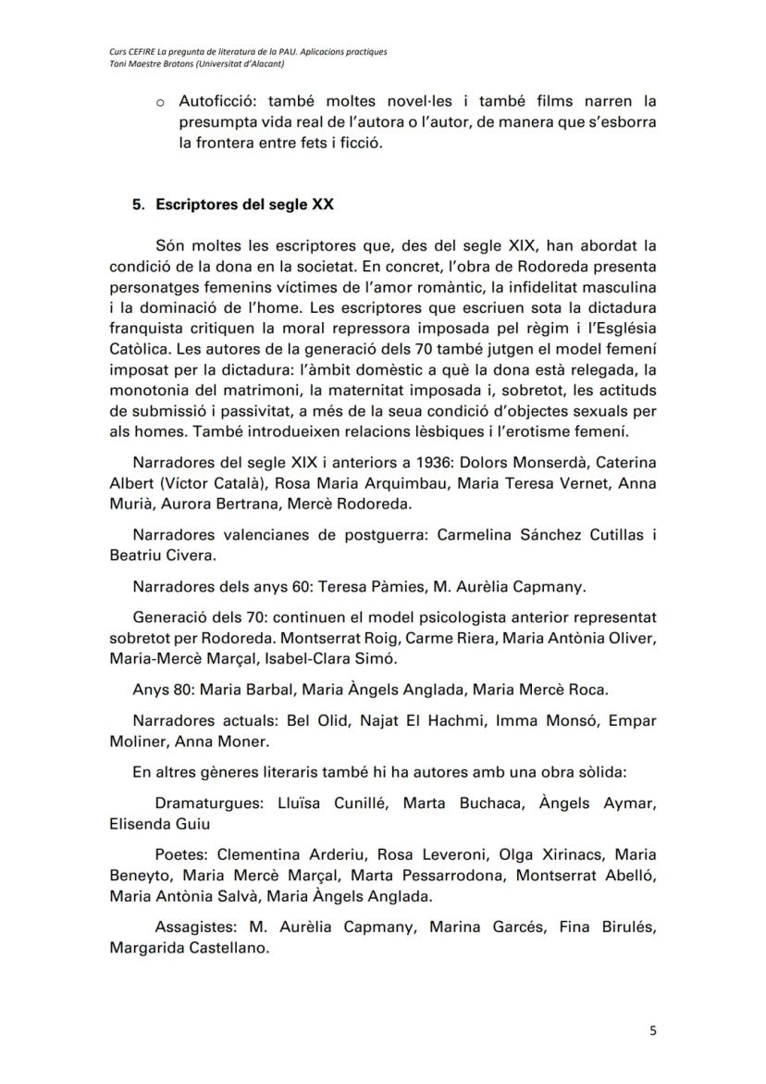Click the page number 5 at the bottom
pos(652,1032)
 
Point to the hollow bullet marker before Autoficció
pos(161,100)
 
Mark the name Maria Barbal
pos(242,690)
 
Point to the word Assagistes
pos(192,928)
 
